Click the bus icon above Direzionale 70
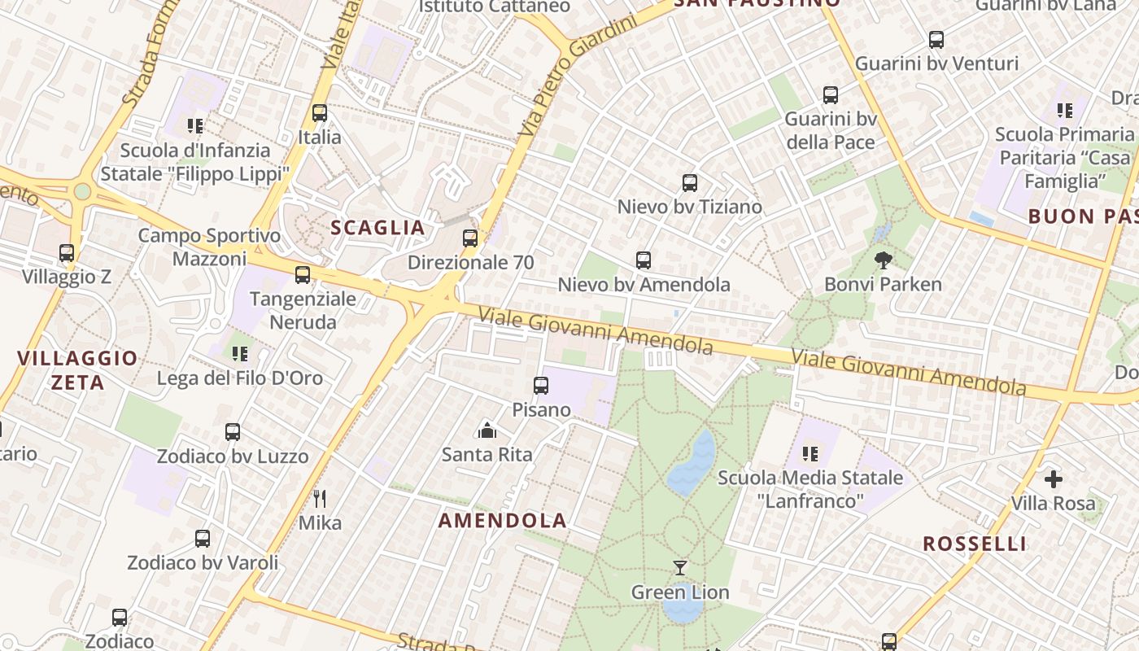click(x=470, y=238)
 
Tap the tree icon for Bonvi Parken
click(x=883, y=260)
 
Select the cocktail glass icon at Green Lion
click(x=680, y=567)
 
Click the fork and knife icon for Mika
click(x=320, y=498)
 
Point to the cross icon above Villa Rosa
click(x=1054, y=478)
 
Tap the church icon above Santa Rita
click(x=487, y=430)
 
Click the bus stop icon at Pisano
click(x=541, y=386)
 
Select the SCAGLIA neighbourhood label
click(x=377, y=228)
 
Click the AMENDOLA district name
click(x=503, y=521)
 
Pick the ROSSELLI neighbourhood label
click(x=975, y=544)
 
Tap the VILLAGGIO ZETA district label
click(x=78, y=370)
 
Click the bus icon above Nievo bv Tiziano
click(x=690, y=183)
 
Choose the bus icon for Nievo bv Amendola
click(x=644, y=260)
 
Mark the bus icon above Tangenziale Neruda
click(x=303, y=275)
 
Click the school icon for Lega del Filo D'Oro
click(x=239, y=354)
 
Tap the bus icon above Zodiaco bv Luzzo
click(x=233, y=432)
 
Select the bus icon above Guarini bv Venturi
click(x=936, y=39)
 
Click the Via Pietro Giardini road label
click(x=578, y=75)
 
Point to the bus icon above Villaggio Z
click(x=67, y=253)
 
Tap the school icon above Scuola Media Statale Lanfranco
click(x=810, y=453)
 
